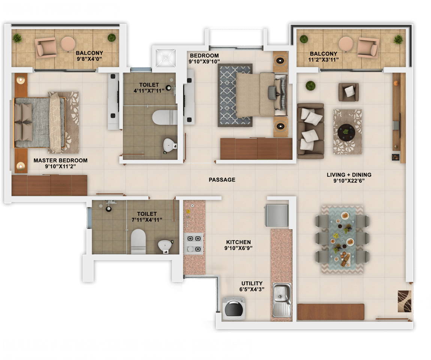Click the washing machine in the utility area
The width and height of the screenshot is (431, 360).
233,308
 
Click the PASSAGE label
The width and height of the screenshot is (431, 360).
222,180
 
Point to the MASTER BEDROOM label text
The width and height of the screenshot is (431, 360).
60,160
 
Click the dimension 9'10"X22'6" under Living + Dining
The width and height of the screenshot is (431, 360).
349,181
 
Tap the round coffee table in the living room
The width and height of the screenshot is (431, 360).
346,132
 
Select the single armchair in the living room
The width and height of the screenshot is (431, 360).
348,92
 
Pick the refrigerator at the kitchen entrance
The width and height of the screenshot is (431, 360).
277,215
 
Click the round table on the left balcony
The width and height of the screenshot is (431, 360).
68,43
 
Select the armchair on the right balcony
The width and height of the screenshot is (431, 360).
367,47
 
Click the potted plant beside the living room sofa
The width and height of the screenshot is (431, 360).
310,85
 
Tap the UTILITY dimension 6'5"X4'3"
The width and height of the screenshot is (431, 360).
252,289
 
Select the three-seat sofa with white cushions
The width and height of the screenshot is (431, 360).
310,131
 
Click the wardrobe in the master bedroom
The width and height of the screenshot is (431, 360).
49,185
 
